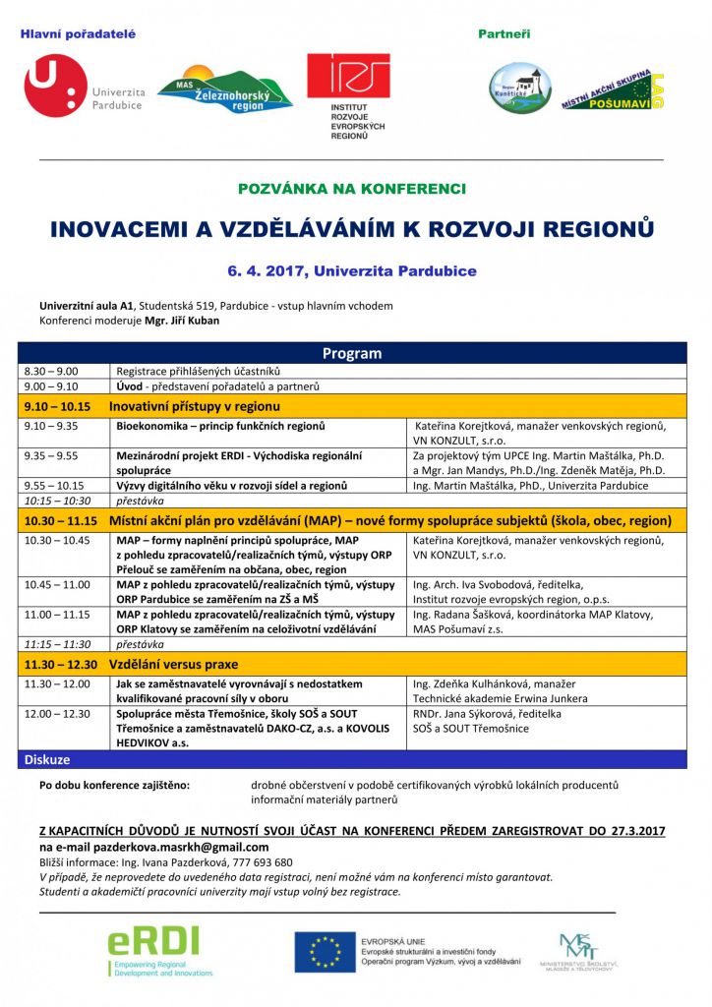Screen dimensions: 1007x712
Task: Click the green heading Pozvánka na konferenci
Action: pyautogui.click(x=352, y=188)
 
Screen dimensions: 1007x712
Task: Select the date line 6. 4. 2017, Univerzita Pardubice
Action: pyautogui.click(x=352, y=270)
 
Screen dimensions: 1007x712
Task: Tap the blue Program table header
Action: pyautogui.click(x=352, y=353)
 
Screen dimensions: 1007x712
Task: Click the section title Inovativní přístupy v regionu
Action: pyautogui.click(x=195, y=405)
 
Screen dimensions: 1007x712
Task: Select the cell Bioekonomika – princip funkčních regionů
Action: pyautogui.click(x=221, y=426)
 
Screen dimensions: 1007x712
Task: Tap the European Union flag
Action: pyautogui.click(x=325, y=952)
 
